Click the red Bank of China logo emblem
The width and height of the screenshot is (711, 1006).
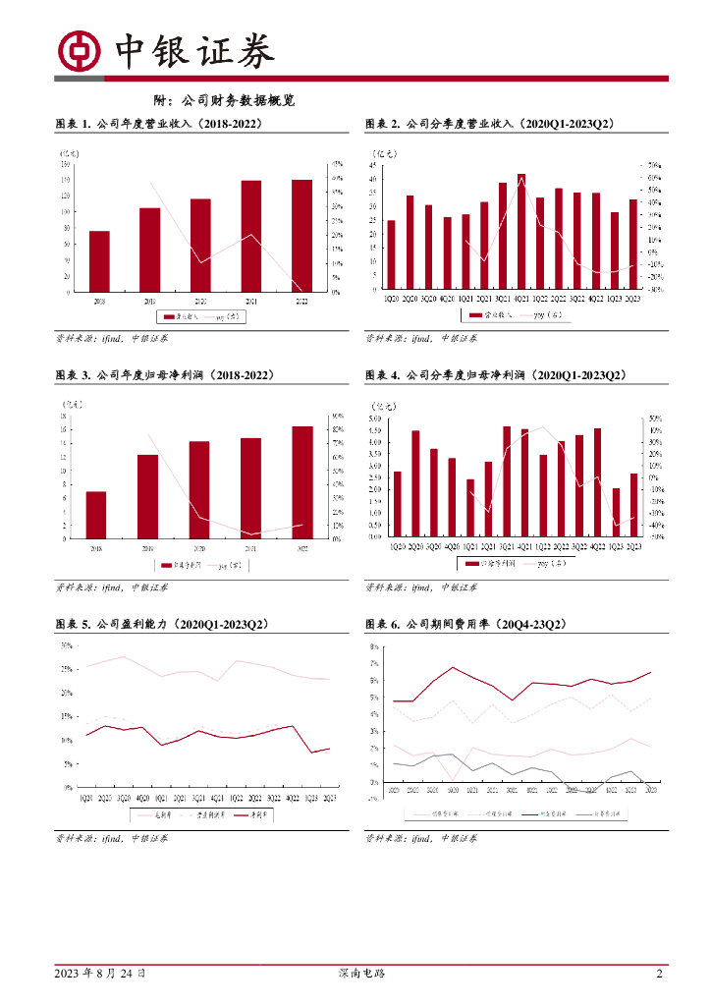[x=80, y=51]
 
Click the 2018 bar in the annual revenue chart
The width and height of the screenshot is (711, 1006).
[x=99, y=261]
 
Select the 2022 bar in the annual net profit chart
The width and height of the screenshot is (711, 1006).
[x=302, y=481]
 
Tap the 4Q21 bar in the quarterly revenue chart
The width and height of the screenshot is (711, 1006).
[x=521, y=232]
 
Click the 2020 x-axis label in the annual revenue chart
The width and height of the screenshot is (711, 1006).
[x=200, y=301]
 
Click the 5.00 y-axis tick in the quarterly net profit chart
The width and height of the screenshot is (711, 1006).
[x=374, y=419]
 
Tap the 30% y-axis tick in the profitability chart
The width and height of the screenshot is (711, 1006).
[x=67, y=645]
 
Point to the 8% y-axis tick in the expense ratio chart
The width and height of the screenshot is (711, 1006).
[x=374, y=647]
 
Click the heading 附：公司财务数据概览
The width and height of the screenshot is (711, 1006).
[x=225, y=100]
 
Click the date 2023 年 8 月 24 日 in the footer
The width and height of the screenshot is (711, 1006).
[x=101, y=974]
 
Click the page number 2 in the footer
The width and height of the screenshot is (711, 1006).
[x=659, y=974]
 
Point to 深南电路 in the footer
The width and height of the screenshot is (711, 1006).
[x=355, y=974]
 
